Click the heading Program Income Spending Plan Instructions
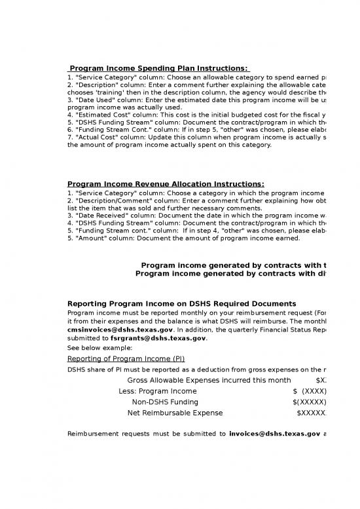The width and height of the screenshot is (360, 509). (158, 67)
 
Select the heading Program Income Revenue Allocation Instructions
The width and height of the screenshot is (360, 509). (166, 184)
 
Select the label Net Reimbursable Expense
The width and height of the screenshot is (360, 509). (175, 413)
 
